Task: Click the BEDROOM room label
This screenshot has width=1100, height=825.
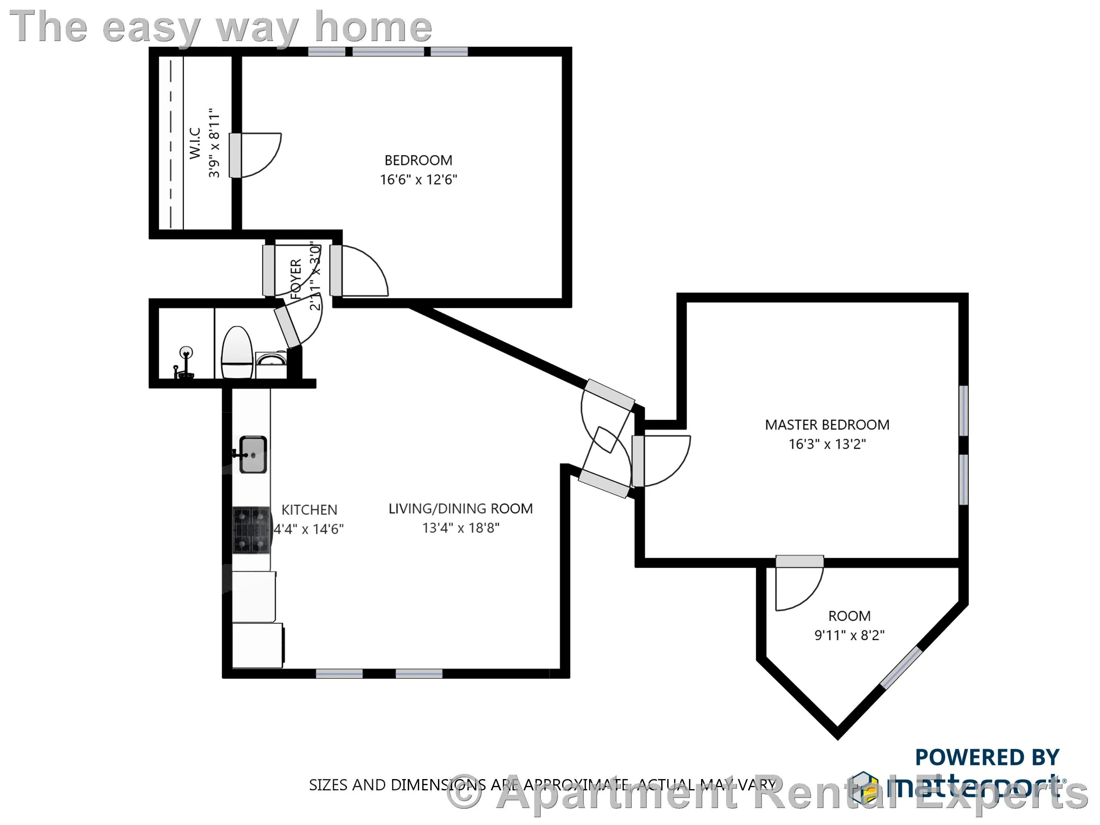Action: [x=418, y=160]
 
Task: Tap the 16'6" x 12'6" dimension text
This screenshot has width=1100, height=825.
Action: [x=418, y=180]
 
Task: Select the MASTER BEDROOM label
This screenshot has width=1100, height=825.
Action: [x=826, y=425]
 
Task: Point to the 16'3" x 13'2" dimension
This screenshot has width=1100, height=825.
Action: [x=826, y=444]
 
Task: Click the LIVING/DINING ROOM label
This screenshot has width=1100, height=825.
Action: [x=460, y=509]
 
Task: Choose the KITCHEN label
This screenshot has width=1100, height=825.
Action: [x=309, y=510]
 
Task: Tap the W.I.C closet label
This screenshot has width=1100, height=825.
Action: [x=195, y=143]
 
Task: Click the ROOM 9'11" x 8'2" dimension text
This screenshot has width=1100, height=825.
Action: [x=849, y=635]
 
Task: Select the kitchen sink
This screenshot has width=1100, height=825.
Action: [x=253, y=454]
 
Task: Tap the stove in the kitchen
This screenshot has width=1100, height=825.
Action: [x=251, y=530]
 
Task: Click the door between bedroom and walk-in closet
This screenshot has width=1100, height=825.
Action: [x=235, y=155]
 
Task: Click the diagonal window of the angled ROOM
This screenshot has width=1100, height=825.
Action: [x=901, y=668]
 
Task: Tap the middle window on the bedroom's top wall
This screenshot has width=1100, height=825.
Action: [x=388, y=52]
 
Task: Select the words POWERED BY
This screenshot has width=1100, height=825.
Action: [x=987, y=757]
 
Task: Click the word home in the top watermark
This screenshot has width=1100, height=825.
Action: [x=373, y=27]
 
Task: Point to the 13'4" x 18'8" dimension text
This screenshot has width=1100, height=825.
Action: [x=461, y=528]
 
